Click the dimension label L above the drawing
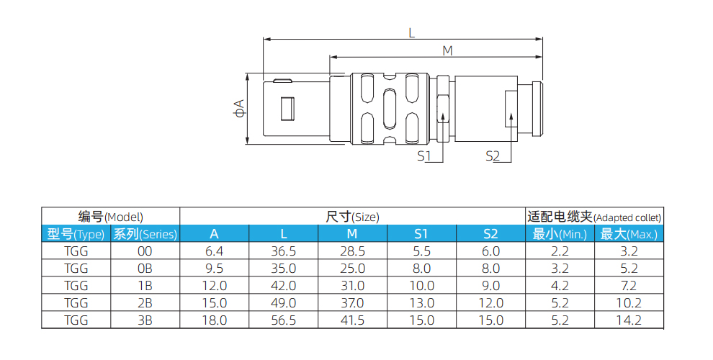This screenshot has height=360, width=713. coord(412,32)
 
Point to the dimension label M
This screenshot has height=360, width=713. coord(447,50)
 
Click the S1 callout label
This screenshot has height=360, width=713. coord(423,156)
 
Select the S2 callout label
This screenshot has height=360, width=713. coord(493,156)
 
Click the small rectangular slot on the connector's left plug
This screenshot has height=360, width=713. coord(287,109)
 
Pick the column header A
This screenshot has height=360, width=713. coord(214,233)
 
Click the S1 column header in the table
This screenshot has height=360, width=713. coord(421,233)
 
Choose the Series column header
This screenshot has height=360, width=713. coord(145,233)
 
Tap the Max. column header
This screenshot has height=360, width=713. coord(629,233)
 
